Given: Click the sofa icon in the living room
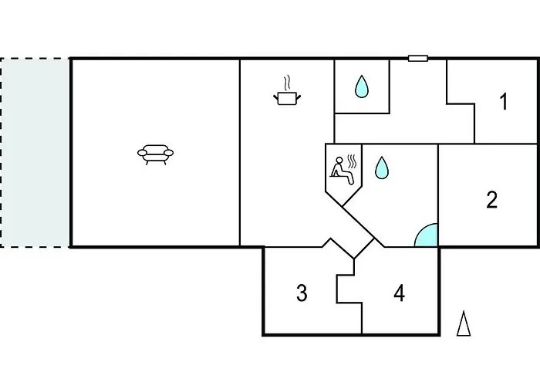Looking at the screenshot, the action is pos(155,154).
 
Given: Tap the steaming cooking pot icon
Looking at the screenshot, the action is pos(287,91).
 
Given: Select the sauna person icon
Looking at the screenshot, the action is pos(344,170).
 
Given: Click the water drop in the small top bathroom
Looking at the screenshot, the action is pos(362,86).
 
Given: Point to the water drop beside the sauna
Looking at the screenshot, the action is pos(382,168).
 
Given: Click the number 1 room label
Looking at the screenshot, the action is pos(504,102).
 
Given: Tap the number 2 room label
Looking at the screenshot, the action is pos(492,199).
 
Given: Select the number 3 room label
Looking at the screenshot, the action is pos(302,293).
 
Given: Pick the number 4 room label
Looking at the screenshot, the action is pos(399,293).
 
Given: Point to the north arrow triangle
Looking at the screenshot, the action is pos(464,323).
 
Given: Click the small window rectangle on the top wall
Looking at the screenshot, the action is pos(418,59).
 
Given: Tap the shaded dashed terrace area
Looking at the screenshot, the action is pos(35,152).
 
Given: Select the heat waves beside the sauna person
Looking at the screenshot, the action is pos(353,161).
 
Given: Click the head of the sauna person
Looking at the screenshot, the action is pos(339,161).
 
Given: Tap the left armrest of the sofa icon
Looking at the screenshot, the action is pos(143,153).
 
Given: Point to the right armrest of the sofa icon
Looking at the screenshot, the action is pos(168,153).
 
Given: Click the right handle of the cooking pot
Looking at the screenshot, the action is pos(299,98).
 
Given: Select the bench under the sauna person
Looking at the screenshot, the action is pos(339,176).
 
